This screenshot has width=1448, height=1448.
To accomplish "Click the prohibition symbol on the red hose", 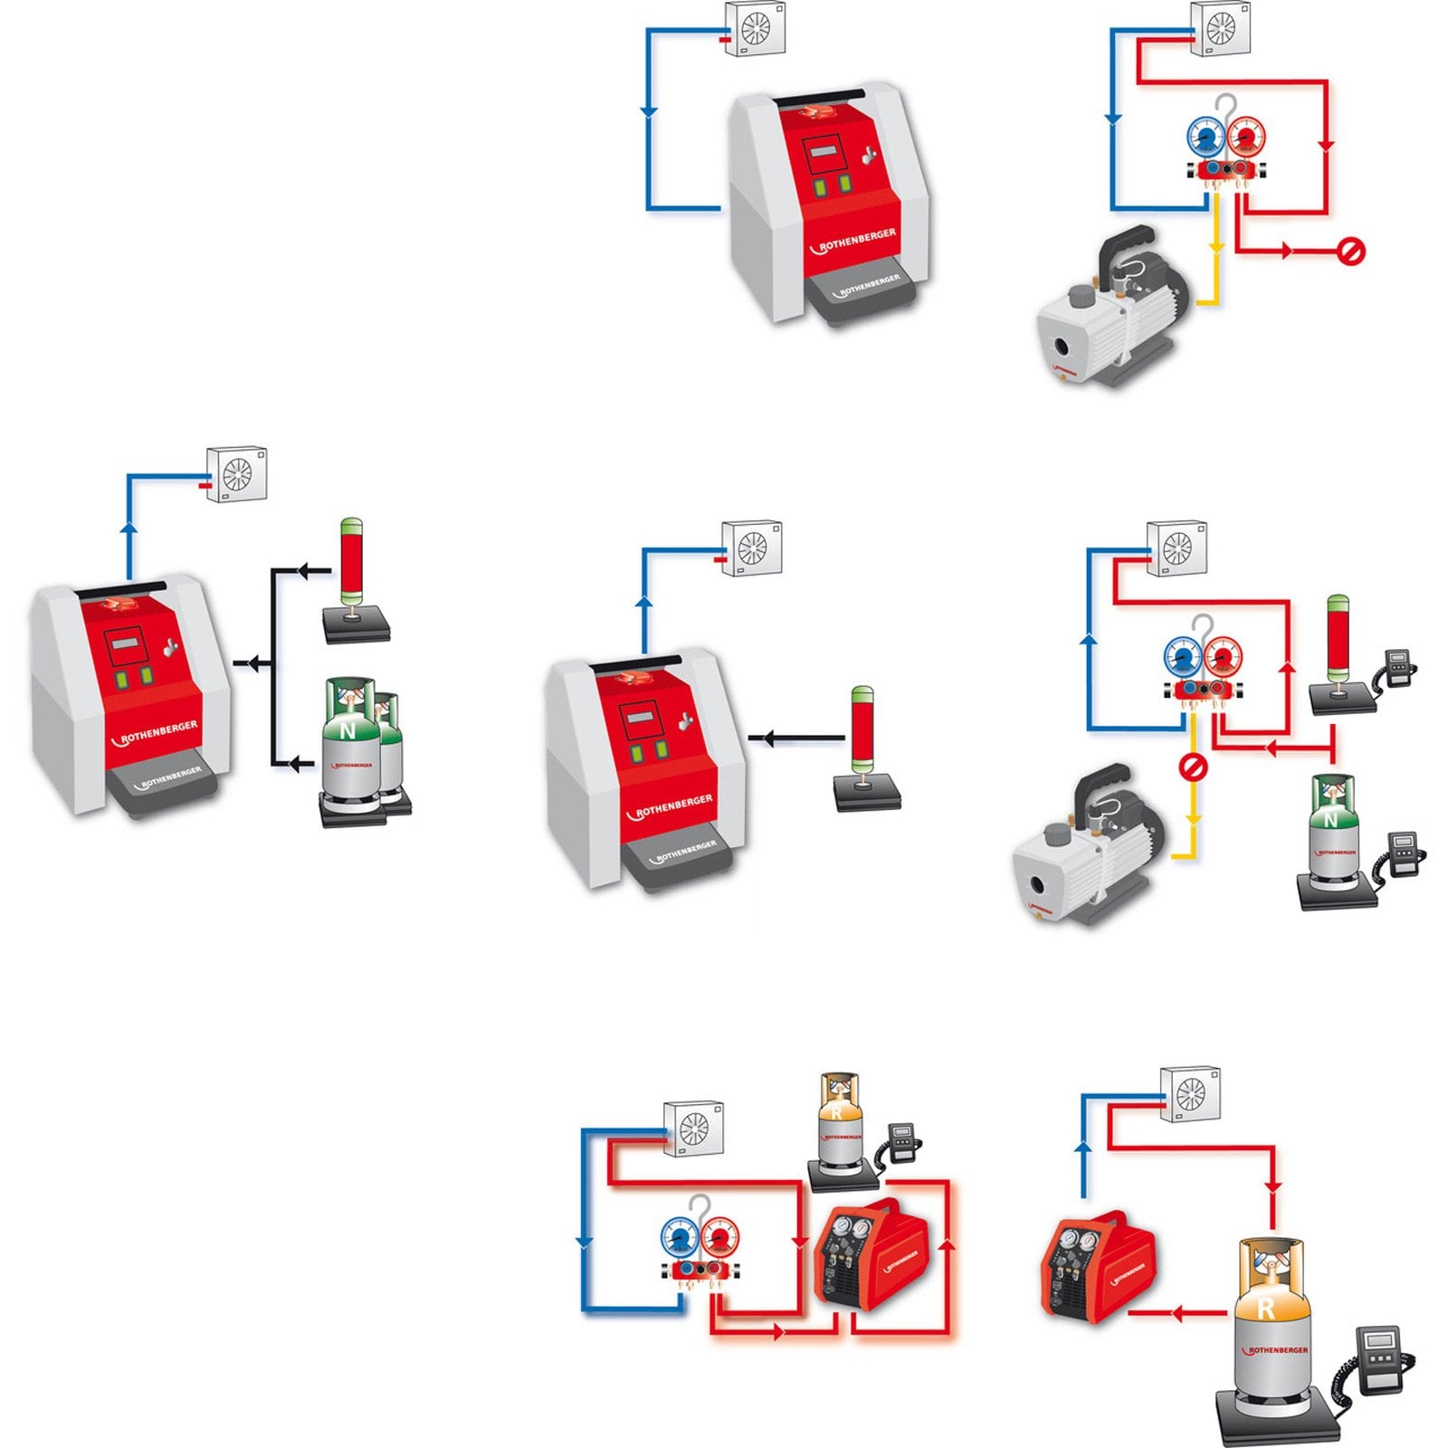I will [x=1350, y=252].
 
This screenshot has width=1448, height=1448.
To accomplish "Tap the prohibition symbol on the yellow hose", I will [x=1193, y=767].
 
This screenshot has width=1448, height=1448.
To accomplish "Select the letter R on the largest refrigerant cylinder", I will [x=1266, y=1308].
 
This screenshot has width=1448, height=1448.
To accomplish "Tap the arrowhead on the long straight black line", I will [x=767, y=738].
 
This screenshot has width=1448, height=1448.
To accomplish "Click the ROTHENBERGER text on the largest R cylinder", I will [x=1276, y=1351].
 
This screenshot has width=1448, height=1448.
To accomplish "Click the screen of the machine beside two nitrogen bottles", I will [x=123, y=646].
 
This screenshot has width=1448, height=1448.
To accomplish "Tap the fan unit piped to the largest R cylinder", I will [x=1190, y=1094].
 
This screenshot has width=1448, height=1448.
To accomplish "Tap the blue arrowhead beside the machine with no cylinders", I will [x=648, y=112].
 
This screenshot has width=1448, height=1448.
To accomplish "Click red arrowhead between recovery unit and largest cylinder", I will [x=1177, y=1313].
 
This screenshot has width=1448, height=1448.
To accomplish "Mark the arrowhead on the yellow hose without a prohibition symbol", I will [x=1216, y=246].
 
